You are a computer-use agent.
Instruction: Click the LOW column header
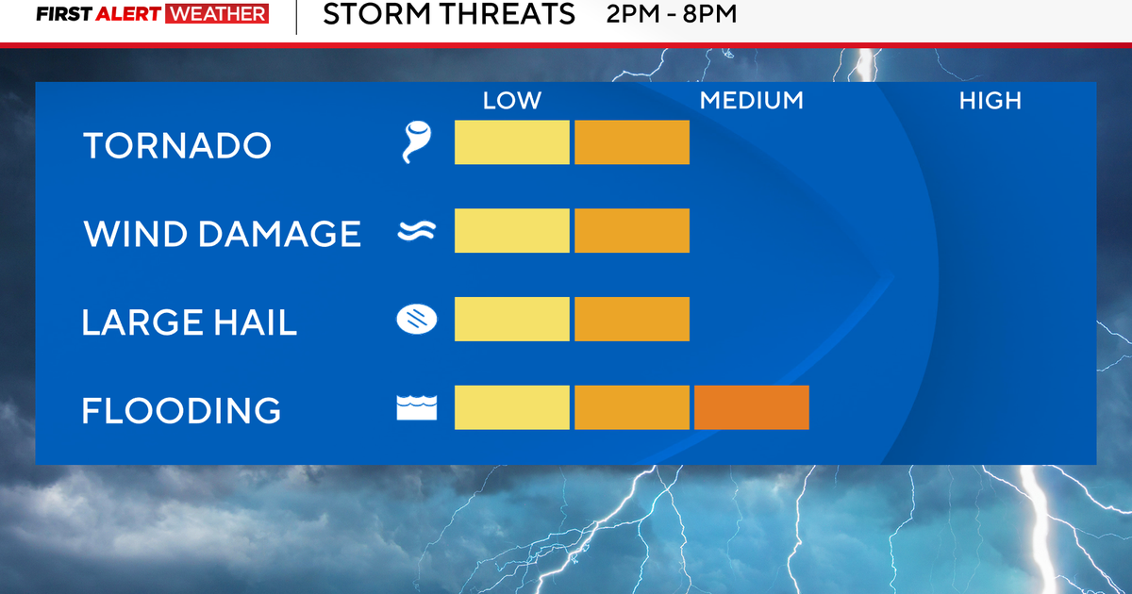point(512,101)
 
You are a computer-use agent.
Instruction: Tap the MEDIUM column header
point(752,101)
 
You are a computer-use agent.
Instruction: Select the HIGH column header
point(990,101)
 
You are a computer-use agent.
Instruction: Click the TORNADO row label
point(177,145)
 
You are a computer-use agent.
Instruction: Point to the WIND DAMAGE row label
point(223,234)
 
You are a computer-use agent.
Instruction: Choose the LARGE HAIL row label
point(189,322)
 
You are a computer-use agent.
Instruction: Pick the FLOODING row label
point(181,410)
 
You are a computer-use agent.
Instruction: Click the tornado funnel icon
point(416,141)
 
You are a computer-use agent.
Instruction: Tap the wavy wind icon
point(416,231)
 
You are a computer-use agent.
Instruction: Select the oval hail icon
point(417,320)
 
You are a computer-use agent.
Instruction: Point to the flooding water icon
point(417,407)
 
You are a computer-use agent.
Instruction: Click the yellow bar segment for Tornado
point(512,142)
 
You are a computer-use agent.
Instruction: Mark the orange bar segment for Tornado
point(632,142)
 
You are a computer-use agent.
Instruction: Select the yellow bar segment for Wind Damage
point(512,230)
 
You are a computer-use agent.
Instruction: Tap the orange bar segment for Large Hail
point(632,319)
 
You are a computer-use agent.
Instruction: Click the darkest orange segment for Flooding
point(752,407)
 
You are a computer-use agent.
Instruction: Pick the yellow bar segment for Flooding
point(512,407)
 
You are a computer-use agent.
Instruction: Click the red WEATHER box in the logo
point(217,13)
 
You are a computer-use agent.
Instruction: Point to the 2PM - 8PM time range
point(672,14)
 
